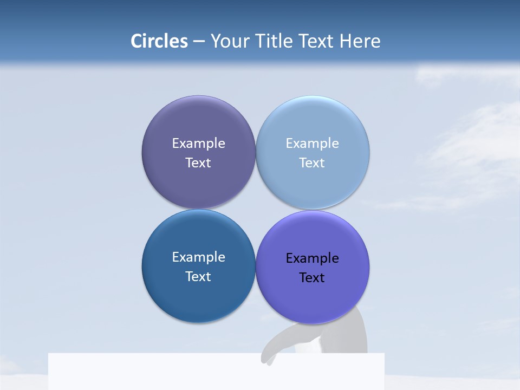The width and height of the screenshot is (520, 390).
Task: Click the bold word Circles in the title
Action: click(x=159, y=41)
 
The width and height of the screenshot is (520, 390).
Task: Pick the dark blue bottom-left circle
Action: click(x=198, y=298)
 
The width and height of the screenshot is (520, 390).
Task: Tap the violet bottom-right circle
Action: click(x=313, y=301)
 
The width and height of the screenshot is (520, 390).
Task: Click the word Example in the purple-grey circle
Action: click(x=198, y=144)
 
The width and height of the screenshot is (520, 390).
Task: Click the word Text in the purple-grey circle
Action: click(x=198, y=163)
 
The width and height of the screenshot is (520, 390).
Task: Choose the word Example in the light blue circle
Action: click(x=313, y=144)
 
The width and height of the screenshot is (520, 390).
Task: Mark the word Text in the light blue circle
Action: click(x=313, y=163)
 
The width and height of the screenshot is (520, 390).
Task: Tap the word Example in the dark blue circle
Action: click(x=198, y=257)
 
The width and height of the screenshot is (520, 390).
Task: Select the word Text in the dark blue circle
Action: click(x=198, y=277)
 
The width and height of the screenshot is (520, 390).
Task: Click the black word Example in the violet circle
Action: click(x=313, y=258)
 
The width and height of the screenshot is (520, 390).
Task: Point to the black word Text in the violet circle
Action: click(x=313, y=278)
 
